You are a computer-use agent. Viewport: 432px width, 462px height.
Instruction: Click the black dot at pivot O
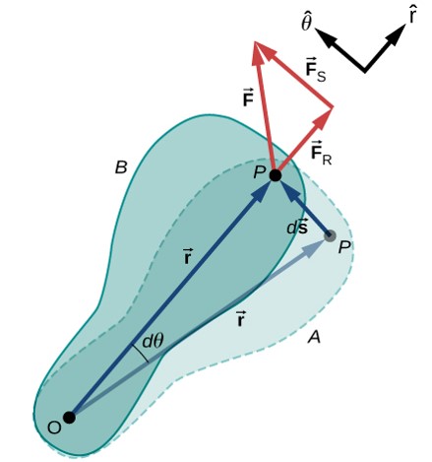[x=69, y=418]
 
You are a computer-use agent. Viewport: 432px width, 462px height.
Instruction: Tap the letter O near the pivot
[x=54, y=428]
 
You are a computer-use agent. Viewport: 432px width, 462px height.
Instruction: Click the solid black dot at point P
[x=276, y=175]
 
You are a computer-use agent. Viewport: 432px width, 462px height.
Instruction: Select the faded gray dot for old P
[x=330, y=235]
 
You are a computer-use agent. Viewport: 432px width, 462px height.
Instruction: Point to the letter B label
[x=121, y=167]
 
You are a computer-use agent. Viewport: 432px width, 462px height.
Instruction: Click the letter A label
[x=314, y=337]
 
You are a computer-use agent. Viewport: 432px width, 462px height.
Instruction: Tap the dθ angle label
[x=153, y=342]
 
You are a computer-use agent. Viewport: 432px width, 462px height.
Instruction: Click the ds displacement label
[x=297, y=228]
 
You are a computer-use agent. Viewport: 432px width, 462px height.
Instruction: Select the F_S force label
[x=316, y=70]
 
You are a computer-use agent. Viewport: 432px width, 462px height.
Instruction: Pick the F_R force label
[x=321, y=153]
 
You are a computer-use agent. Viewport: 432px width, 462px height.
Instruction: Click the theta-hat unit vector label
[x=306, y=23]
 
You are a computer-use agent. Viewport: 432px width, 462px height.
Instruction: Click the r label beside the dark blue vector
[x=187, y=257]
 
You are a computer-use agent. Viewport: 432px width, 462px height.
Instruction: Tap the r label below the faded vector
[x=240, y=319]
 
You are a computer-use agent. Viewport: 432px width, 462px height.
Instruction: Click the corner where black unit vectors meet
[x=365, y=69]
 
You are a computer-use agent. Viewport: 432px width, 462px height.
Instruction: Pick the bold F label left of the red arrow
[x=248, y=98]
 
